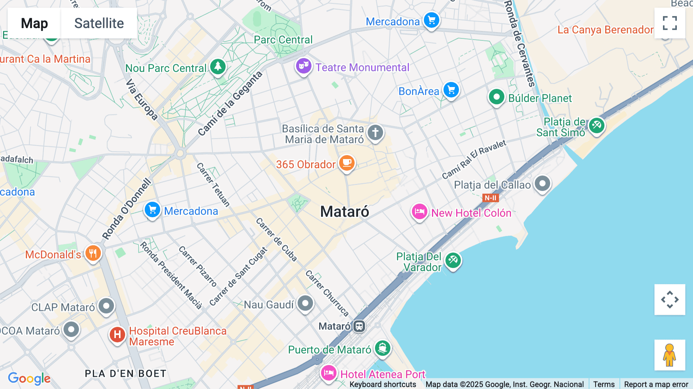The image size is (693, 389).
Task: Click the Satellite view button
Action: click(99, 23)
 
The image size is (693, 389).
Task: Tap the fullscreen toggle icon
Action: click(670, 23)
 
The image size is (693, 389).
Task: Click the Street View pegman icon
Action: click(670, 355)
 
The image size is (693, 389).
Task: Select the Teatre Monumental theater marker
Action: click(303, 66)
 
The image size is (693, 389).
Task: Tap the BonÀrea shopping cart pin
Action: click(451, 90)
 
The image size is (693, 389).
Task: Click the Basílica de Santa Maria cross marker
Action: click(375, 133)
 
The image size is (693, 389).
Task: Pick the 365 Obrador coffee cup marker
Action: click(346, 163)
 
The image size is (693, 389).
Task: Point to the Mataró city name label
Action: click(345, 211)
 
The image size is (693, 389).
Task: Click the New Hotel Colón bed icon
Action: click(419, 212)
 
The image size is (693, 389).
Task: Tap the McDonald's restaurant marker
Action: click(93, 253)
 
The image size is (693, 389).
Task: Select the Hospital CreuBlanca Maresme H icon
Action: click(117, 335)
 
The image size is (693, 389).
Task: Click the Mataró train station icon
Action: click(359, 326)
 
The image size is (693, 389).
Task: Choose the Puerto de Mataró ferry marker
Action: click(382, 348)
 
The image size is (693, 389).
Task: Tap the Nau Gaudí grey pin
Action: click(305, 303)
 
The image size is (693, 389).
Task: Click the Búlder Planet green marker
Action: click(496, 97)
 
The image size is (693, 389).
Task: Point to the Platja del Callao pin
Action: click(542, 183)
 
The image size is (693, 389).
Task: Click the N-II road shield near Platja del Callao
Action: click(490, 198)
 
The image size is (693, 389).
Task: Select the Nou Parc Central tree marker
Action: click(218, 67)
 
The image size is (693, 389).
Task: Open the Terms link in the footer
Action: click(604, 384)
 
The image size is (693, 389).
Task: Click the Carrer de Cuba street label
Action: click(276, 240)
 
